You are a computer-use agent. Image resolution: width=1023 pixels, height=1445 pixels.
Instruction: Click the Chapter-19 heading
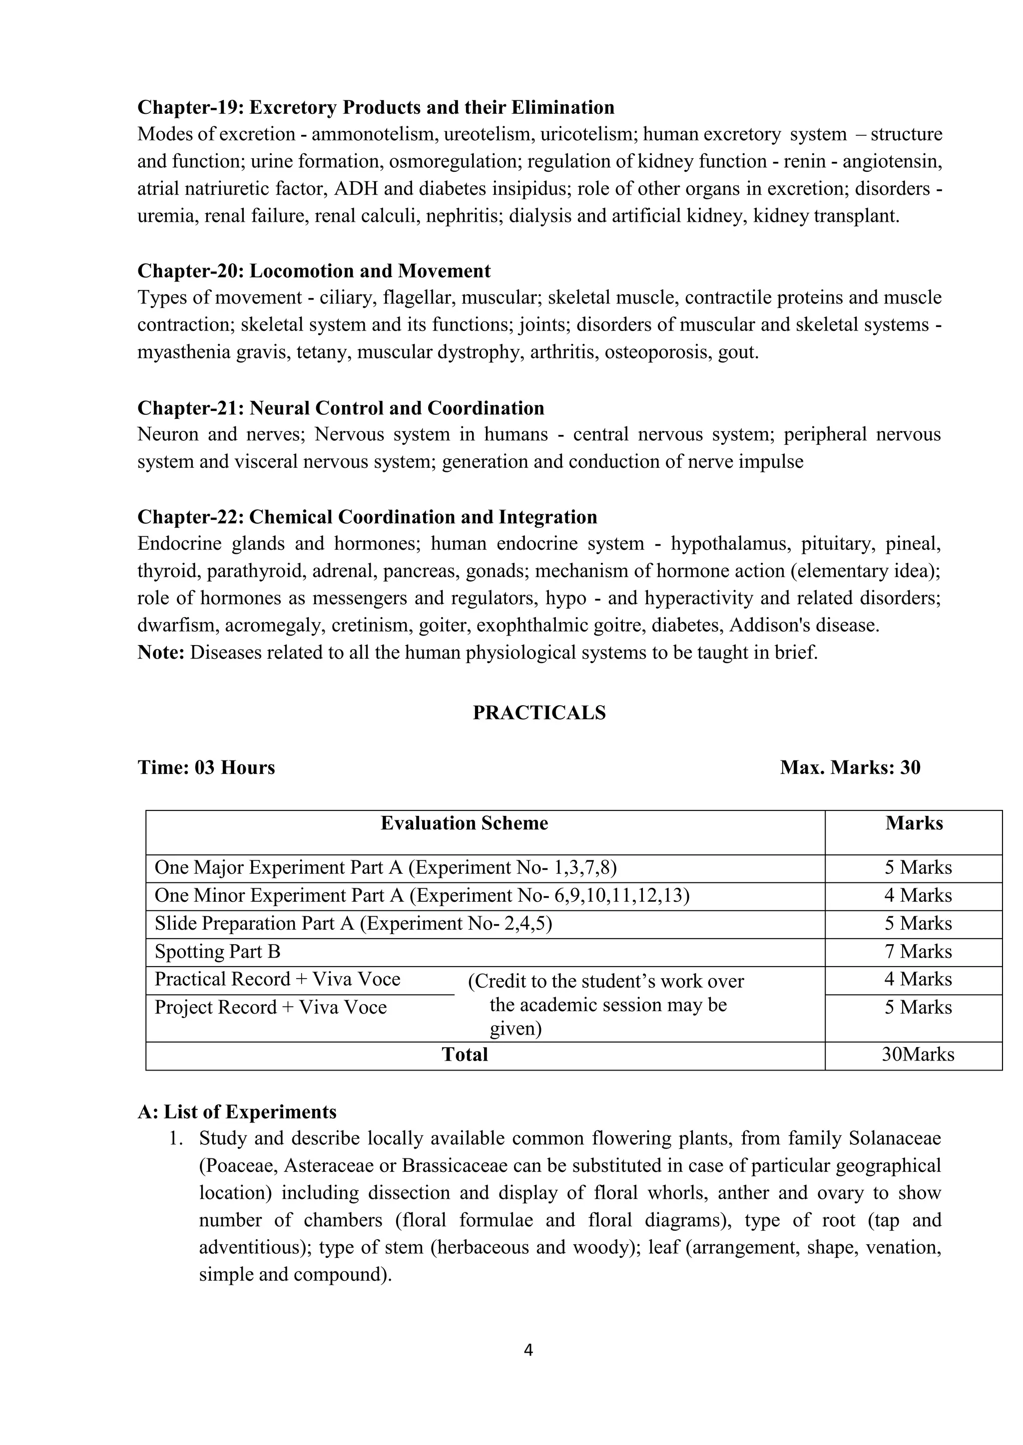coord(376,108)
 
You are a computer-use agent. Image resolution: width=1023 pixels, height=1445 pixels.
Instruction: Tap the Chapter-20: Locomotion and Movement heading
coord(314,271)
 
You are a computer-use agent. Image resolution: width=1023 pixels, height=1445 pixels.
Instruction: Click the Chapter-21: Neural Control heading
coord(341,408)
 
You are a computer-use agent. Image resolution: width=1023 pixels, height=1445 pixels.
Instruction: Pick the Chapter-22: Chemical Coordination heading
coord(367,517)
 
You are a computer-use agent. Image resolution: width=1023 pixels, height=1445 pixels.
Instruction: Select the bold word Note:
coord(161,652)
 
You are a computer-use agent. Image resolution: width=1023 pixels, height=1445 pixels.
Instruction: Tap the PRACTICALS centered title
coord(539,713)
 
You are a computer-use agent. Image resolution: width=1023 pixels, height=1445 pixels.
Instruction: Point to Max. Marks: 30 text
coord(850,767)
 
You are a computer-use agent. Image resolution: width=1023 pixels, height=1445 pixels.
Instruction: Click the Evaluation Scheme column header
coord(464,823)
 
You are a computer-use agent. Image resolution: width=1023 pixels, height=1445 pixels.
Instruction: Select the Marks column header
coord(914,823)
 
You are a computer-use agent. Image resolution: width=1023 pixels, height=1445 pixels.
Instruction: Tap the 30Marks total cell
coord(918,1055)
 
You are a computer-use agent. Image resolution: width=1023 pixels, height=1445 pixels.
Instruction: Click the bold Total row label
coord(465,1055)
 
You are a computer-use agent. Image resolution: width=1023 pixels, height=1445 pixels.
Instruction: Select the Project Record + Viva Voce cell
coord(271,1008)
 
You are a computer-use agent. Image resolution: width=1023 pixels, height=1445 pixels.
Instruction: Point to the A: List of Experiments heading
coord(237,1112)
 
